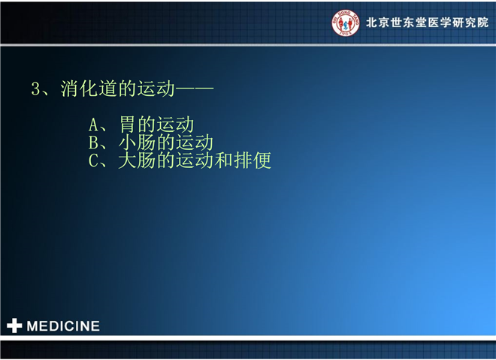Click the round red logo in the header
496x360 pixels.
click(x=346, y=22)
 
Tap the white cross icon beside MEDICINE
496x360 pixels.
click(x=14, y=325)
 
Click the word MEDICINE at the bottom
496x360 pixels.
click(x=63, y=326)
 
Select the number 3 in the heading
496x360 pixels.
click(x=35, y=88)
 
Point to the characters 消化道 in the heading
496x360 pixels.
click(x=89, y=88)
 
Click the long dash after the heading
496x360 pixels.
click(x=195, y=88)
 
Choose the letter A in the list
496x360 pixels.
click(x=93, y=124)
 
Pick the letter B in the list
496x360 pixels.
click(x=93, y=142)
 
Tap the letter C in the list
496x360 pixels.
click(x=93, y=160)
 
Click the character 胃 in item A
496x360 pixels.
click(x=128, y=124)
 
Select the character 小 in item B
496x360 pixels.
click(x=128, y=142)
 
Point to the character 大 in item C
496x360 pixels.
click(x=128, y=160)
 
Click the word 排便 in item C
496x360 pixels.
click(x=253, y=160)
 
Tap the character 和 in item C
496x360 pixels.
click(x=224, y=160)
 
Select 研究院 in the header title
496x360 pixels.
click(x=470, y=22)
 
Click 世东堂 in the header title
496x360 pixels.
click(x=409, y=22)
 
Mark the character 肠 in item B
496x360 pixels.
click(x=146, y=142)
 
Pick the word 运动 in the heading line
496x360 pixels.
click(x=156, y=88)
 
